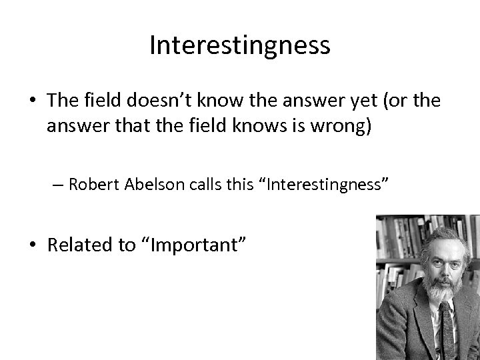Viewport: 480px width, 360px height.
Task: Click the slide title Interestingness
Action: tap(239, 45)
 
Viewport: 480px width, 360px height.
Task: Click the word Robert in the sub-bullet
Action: tap(93, 185)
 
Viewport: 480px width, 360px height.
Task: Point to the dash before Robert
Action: tap(59, 185)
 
